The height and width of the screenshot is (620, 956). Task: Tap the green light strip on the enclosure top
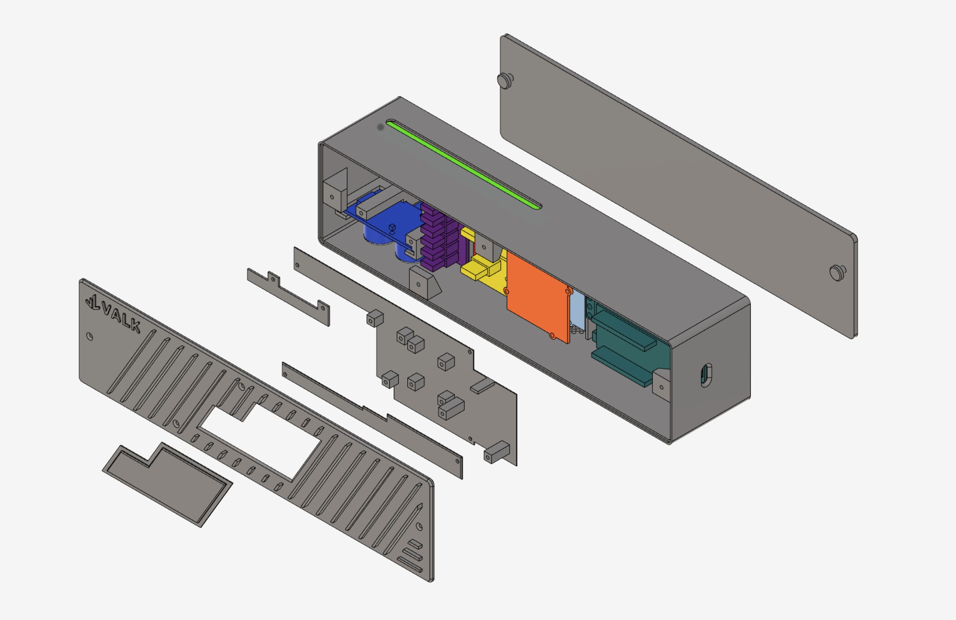(464, 164)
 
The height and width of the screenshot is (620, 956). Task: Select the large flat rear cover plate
(678, 186)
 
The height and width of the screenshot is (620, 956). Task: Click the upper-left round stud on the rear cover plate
(505, 80)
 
